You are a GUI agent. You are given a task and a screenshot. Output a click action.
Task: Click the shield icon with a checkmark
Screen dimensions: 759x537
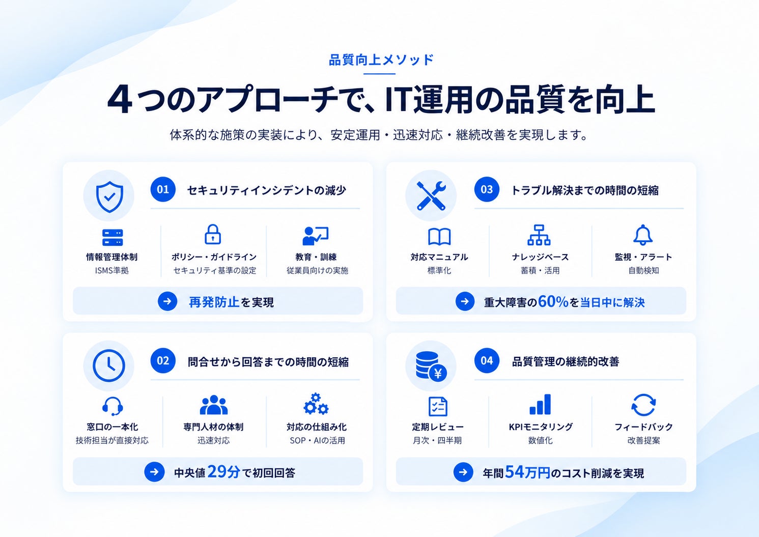pos(109,196)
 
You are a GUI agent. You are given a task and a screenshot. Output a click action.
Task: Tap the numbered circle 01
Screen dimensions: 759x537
pos(163,189)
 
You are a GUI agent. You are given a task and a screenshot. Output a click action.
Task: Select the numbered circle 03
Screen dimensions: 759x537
pos(487,189)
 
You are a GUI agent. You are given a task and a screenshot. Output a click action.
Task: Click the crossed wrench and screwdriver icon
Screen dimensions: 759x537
pos(431,196)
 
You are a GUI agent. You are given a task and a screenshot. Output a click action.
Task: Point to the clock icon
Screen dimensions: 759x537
pos(109,366)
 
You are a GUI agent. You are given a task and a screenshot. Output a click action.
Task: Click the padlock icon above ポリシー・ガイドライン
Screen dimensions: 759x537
pos(213,234)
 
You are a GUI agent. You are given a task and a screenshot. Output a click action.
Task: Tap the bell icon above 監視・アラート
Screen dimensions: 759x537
pos(643,235)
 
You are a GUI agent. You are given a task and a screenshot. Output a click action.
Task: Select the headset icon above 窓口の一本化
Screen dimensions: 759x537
pos(113,406)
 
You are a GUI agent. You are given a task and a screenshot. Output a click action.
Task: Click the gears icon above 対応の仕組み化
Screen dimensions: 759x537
pos(316,404)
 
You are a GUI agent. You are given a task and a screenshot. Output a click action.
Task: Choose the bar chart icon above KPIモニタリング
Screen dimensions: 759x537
pos(540,404)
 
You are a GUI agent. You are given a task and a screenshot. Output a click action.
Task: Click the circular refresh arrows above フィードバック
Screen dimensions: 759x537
pos(643,405)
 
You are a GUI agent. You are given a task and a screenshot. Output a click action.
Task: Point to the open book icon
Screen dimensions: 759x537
pos(439,236)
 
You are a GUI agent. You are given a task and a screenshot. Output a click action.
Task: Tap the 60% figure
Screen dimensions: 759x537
pos(553,301)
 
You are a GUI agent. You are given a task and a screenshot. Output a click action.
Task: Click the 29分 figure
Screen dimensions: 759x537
pos(223,471)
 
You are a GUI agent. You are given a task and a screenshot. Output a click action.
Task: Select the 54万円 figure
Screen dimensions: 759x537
pos(527,472)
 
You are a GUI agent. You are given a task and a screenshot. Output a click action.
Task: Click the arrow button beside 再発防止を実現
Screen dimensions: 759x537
pos(167,301)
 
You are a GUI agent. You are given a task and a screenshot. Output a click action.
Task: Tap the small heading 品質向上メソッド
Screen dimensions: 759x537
pos(381,60)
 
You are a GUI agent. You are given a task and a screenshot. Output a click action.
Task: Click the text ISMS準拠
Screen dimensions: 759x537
pos(112,270)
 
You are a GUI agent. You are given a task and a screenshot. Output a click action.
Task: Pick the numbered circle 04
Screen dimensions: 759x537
pos(487,360)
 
